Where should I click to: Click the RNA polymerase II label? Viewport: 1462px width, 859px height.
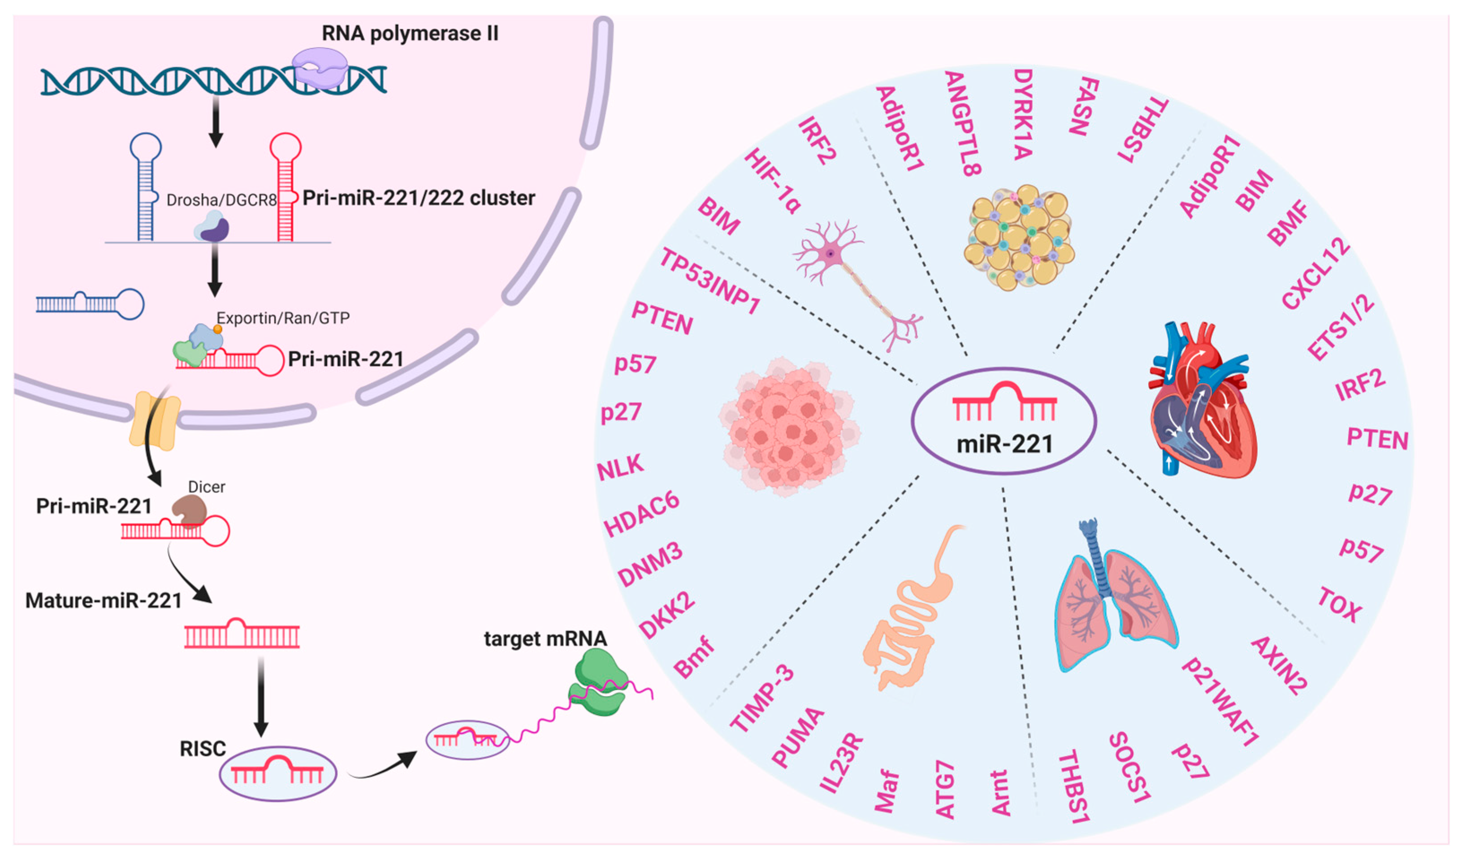(x=410, y=34)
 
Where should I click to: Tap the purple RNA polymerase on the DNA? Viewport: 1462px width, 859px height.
(x=320, y=68)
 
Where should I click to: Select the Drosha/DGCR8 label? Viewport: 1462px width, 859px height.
(x=221, y=200)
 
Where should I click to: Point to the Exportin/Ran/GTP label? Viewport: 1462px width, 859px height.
(x=283, y=318)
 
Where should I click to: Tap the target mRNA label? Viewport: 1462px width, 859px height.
(x=545, y=639)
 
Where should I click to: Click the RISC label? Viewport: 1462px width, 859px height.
(x=203, y=749)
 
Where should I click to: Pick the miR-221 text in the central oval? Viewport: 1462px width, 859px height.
(x=1004, y=445)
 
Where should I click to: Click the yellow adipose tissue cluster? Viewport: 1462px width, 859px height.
(x=1019, y=238)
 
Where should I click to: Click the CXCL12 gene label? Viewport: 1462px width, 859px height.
(x=1316, y=273)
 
